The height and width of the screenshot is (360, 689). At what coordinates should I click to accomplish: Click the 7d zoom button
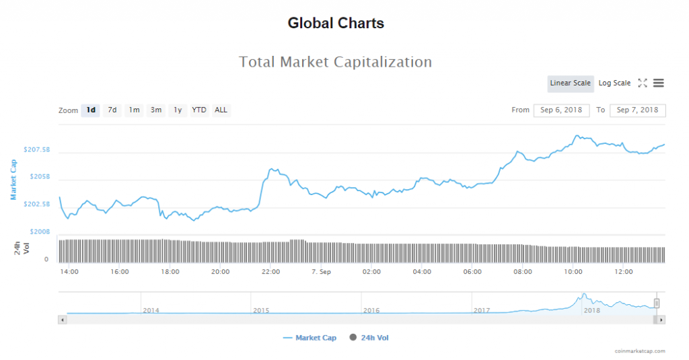tap(112, 110)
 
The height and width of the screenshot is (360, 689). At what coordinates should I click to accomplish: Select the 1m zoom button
tap(134, 110)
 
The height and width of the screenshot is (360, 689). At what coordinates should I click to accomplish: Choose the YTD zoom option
tap(199, 110)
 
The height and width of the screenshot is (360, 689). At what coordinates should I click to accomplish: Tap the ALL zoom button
tap(221, 110)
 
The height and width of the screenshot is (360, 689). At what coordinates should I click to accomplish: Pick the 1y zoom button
tap(178, 110)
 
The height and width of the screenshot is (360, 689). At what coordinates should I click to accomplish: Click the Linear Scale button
tap(570, 83)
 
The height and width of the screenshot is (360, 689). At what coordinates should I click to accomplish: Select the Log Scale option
tap(614, 83)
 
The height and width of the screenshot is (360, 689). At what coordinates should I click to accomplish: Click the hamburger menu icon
tap(659, 83)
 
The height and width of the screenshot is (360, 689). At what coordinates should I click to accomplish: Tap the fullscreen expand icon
tap(643, 83)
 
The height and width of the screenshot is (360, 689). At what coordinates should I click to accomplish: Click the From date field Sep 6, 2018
tap(561, 110)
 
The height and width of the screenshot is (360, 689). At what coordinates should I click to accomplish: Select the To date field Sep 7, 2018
tap(637, 110)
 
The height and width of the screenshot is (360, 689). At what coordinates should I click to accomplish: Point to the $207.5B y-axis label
tap(36, 149)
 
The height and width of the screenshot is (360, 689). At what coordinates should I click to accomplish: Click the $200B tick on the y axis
tap(38, 231)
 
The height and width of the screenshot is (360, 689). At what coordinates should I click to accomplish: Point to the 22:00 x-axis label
tap(270, 272)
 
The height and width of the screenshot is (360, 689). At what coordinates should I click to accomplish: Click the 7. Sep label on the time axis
tap(321, 272)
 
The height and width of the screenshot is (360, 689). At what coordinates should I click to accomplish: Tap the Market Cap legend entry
tap(310, 338)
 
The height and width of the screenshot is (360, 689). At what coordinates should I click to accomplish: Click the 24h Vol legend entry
tap(369, 338)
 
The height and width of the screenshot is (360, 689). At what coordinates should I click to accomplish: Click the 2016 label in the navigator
tap(371, 310)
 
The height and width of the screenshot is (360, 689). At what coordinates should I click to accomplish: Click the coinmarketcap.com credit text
tap(639, 351)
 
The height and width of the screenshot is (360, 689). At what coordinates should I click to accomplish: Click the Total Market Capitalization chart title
tap(335, 62)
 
